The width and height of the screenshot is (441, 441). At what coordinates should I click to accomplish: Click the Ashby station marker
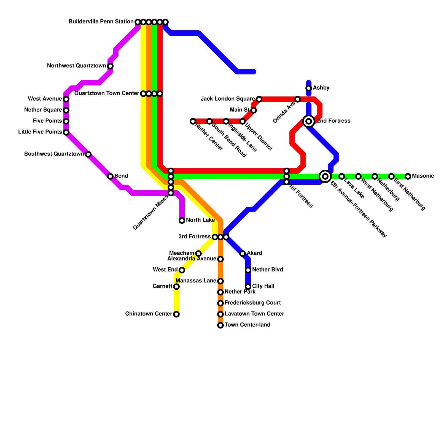(309, 88)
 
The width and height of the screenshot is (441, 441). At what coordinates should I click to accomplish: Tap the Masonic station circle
(408, 176)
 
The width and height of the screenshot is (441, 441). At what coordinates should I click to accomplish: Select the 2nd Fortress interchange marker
(309, 121)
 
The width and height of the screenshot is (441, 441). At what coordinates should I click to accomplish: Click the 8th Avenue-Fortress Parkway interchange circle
(325, 176)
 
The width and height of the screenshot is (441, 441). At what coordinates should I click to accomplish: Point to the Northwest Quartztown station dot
(110, 66)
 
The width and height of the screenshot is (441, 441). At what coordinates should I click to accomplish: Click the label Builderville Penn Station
(101, 22)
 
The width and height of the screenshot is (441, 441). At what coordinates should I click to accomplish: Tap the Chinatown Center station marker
(176, 314)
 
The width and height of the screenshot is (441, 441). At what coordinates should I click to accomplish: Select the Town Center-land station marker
(220, 325)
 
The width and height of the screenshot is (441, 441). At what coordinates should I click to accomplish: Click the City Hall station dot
(248, 287)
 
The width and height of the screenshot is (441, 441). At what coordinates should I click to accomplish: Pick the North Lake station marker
(182, 220)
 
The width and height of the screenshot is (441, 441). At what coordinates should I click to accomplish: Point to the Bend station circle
(110, 176)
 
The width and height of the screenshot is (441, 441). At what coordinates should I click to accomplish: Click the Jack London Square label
(228, 99)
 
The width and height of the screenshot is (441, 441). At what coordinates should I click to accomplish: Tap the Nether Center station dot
(193, 121)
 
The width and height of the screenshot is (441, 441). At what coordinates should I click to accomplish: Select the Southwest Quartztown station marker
(88, 154)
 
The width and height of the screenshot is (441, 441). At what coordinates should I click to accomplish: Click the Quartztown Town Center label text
(107, 93)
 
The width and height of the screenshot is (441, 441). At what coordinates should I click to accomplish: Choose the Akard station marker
(243, 254)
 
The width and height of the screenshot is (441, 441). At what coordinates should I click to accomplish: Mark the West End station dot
(182, 270)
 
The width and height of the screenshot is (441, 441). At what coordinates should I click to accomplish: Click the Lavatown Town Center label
(254, 314)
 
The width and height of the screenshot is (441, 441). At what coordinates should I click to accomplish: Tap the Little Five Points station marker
(66, 132)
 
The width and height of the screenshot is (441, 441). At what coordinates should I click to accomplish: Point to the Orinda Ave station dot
(298, 99)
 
